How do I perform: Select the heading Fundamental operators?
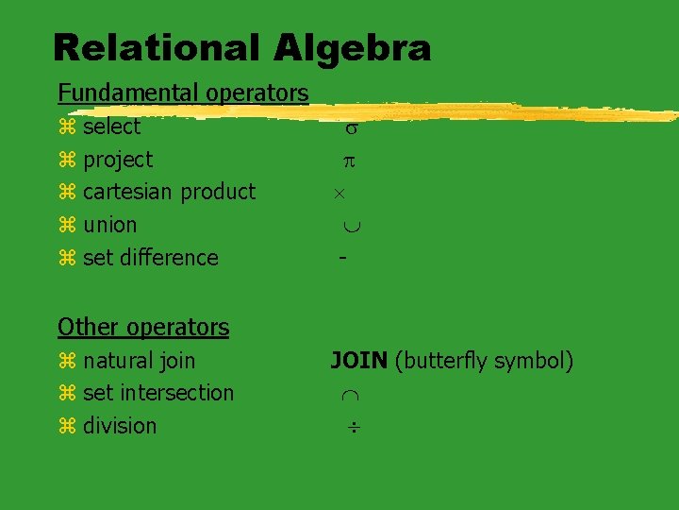tap(183, 93)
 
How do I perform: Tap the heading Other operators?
tap(143, 327)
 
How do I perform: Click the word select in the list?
tap(111, 127)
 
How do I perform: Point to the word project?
tap(118, 160)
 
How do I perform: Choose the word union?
tap(109, 225)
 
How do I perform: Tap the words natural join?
tap(139, 360)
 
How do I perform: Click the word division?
tap(120, 425)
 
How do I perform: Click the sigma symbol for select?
tap(349, 128)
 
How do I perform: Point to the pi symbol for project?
tap(348, 161)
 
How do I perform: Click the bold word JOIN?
tap(358, 360)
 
